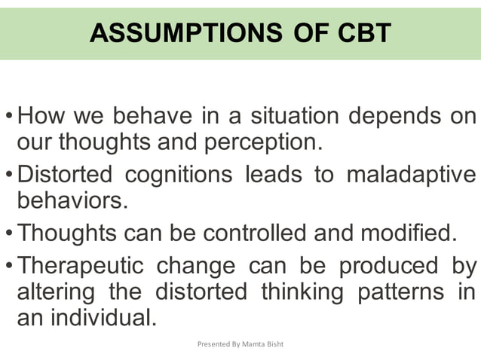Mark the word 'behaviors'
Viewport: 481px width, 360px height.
[69, 200]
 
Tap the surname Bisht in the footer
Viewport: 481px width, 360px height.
[274, 344]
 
